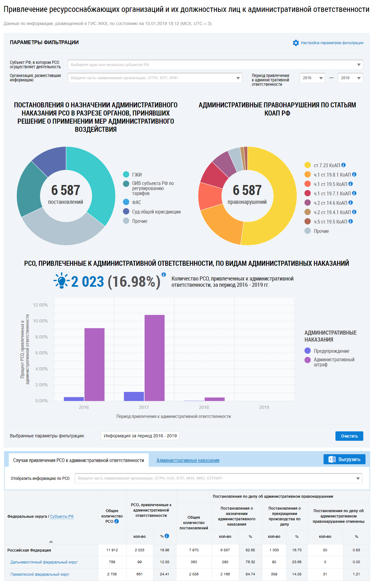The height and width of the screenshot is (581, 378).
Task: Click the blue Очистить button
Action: [349, 436]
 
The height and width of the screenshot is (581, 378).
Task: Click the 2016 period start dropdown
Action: [312, 78]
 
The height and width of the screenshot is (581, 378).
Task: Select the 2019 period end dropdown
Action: [350, 78]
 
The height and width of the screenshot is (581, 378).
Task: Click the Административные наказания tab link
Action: [188, 460]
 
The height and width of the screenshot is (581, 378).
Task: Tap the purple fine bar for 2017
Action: [155, 358]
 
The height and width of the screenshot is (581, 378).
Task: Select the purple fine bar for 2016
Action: [94, 364]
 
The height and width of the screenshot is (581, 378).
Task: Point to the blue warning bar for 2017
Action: [134, 396]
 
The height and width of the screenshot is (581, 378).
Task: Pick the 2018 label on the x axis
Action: [204, 407]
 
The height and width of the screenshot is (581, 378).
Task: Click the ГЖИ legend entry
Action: [137, 175]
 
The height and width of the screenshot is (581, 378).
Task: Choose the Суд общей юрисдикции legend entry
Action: [156, 212]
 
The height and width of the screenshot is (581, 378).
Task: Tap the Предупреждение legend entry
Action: [331, 351]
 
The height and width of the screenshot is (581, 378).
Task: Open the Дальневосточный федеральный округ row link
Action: [44, 562]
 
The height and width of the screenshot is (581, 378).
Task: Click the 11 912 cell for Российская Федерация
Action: [112, 550]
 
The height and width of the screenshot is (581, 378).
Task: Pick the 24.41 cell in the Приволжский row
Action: [165, 574]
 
